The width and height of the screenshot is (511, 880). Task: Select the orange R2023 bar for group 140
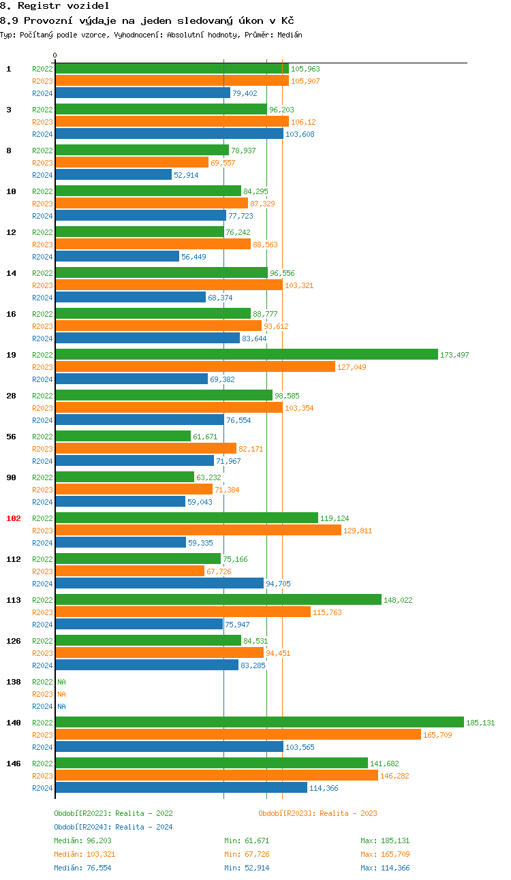click(238, 735)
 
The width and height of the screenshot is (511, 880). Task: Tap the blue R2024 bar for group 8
click(113, 175)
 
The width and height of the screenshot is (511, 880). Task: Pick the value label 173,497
click(454, 355)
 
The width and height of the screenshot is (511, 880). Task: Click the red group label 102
click(14, 518)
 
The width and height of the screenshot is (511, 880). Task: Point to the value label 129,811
click(358, 531)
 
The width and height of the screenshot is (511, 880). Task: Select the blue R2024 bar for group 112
click(159, 584)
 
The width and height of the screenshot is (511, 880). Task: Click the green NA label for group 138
click(61, 682)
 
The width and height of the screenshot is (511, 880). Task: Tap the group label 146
click(14, 764)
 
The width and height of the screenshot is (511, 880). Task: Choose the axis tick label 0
click(55, 56)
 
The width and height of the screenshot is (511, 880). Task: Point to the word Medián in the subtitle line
click(289, 35)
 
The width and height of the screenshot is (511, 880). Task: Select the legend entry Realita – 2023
click(318, 813)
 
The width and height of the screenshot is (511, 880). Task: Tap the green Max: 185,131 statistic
click(385, 840)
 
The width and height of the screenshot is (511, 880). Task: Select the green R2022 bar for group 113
click(218, 600)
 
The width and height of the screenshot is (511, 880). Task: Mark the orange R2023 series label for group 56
click(42, 449)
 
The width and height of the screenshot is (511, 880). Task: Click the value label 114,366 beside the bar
click(324, 788)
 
